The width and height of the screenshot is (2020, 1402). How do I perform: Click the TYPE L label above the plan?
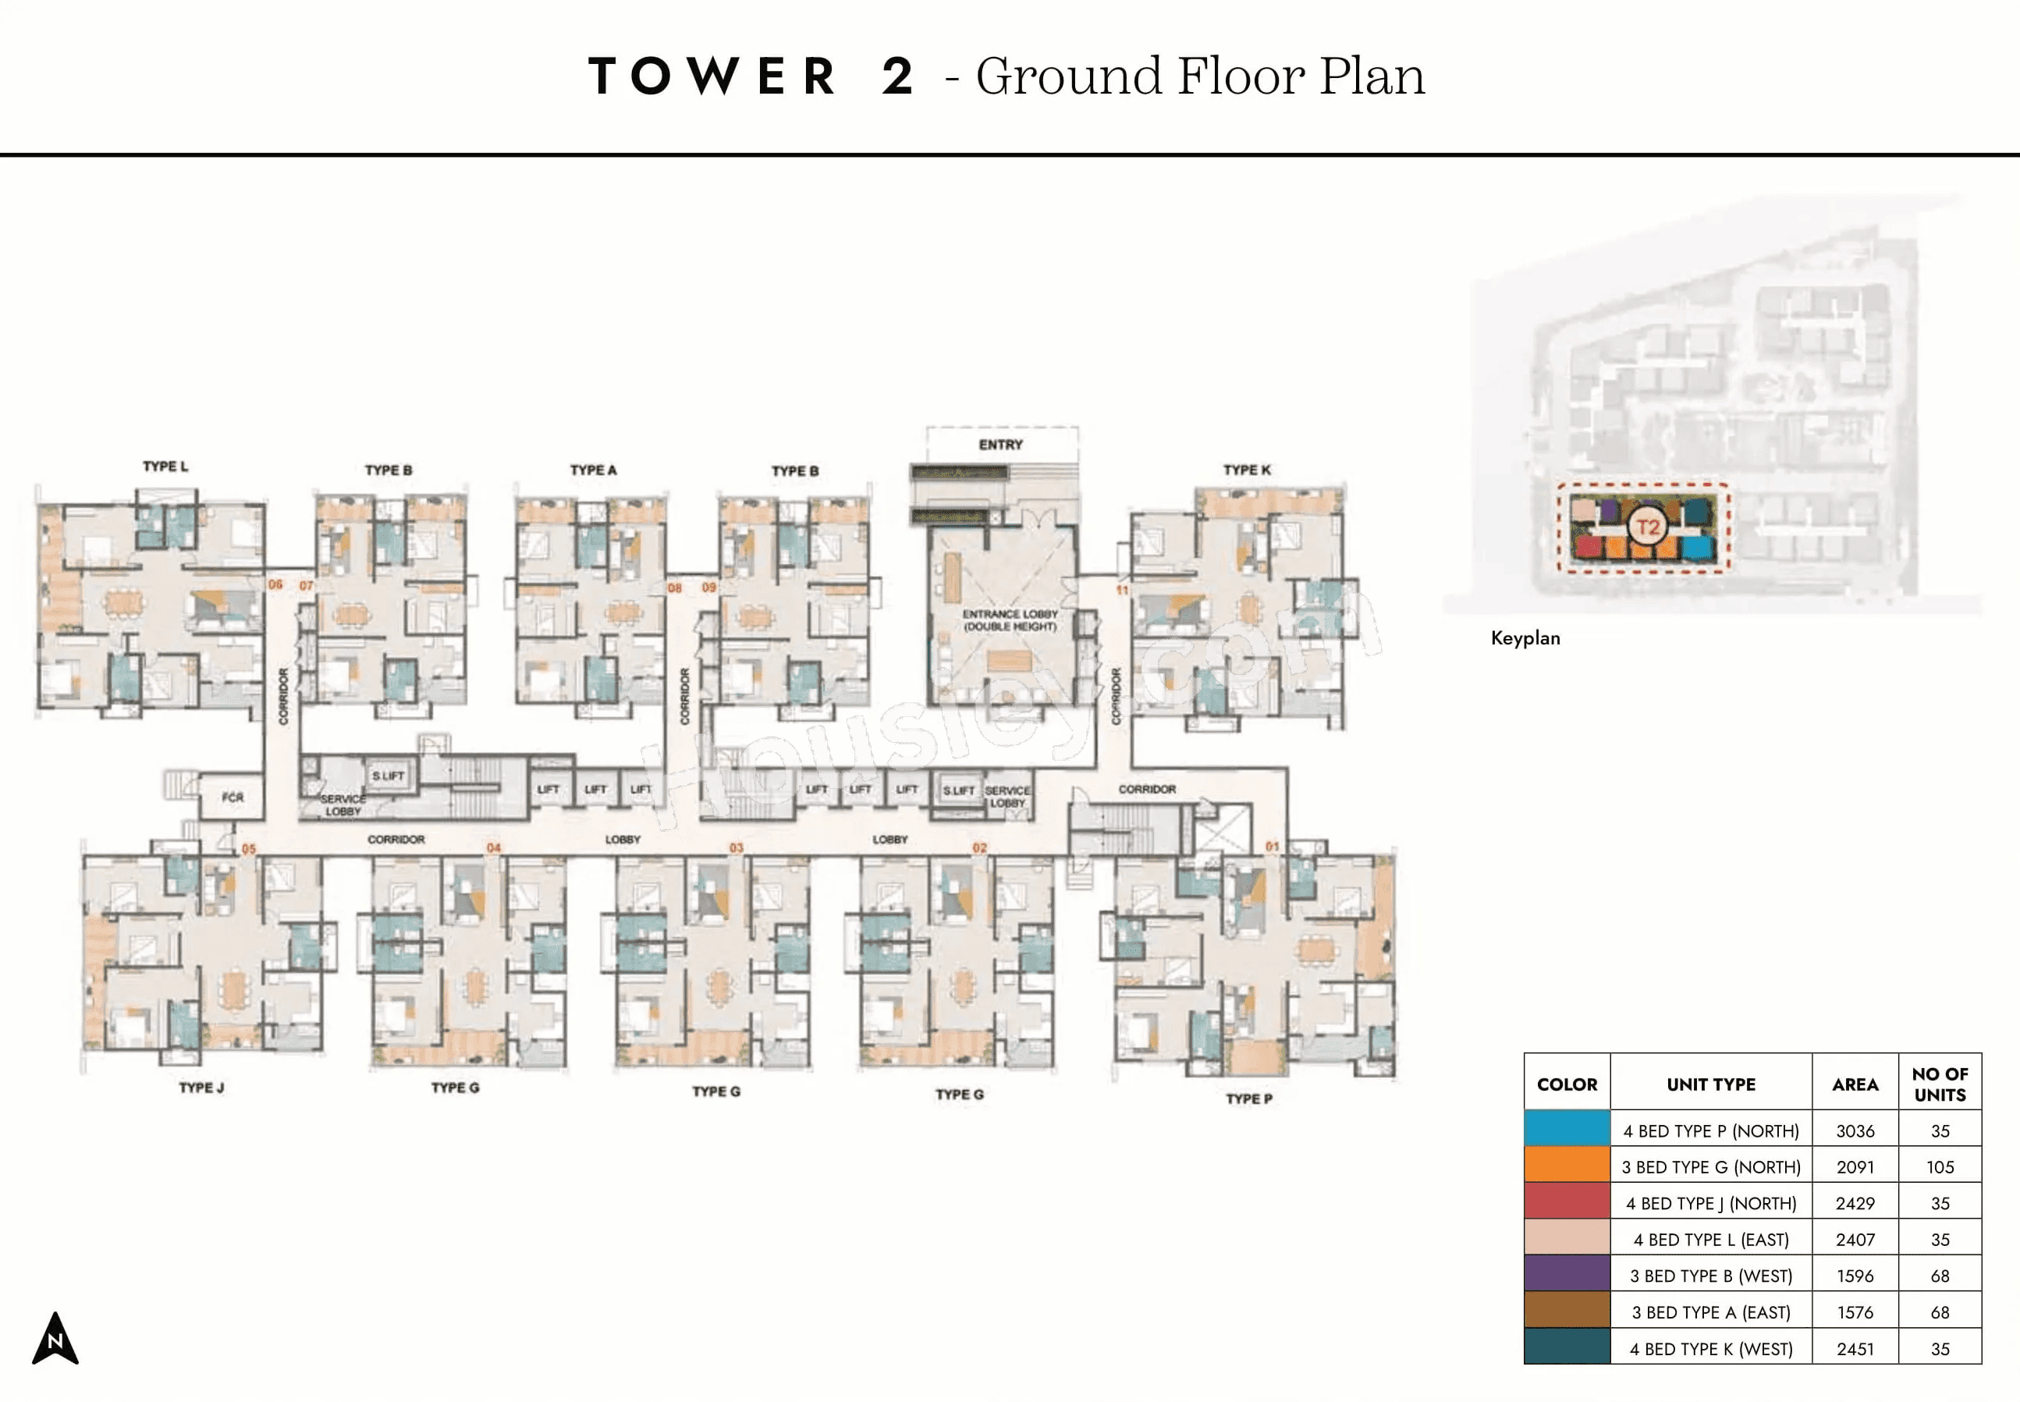pos(165,467)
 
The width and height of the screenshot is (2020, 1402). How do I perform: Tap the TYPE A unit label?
pos(593,470)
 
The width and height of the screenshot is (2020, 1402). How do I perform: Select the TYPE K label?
pos(1246,470)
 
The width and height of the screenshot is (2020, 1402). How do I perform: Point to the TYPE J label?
pos(201,1088)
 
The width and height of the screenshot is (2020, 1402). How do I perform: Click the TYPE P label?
pos(1249,1099)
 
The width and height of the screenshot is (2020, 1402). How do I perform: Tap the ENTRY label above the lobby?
pos(1000,445)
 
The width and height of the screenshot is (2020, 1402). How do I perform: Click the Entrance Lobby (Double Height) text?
pos(1010,620)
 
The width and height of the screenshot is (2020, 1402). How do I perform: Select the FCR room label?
pos(232,797)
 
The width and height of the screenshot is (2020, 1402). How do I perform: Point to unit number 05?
pos(249,850)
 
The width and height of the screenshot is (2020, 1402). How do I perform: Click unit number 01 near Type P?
pos(1272,847)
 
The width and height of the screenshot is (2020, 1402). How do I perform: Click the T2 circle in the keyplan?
pos(1648,527)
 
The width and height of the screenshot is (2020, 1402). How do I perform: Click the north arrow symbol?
pos(55,1340)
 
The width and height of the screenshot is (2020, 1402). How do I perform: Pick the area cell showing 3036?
pos(1854,1131)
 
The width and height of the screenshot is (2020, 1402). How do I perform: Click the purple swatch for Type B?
pos(1567,1275)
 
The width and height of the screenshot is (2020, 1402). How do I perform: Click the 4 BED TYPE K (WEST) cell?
pos(1710,1348)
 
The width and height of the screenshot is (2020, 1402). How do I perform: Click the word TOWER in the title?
pos(712,76)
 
